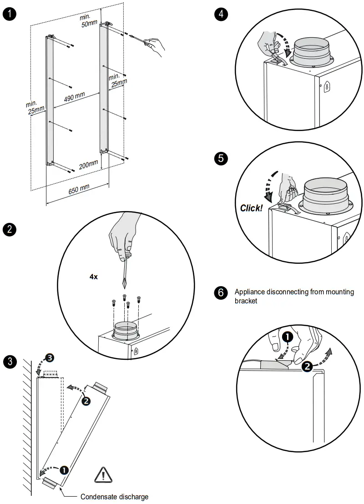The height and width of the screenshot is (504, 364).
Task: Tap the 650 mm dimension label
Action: point(79,189)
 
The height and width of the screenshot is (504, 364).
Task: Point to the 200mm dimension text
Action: point(88,165)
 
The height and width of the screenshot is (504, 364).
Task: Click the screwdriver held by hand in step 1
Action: point(137,38)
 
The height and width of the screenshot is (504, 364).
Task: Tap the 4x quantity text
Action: point(94,276)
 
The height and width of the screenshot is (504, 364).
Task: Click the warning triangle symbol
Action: point(104,475)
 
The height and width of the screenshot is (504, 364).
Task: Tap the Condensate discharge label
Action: point(114,497)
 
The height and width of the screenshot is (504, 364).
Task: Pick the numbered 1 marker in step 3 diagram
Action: point(64,469)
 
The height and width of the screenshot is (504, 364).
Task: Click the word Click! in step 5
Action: point(252,208)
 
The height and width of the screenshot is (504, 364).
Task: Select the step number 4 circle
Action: point(221,14)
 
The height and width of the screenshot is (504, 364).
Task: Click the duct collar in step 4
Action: point(311,53)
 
